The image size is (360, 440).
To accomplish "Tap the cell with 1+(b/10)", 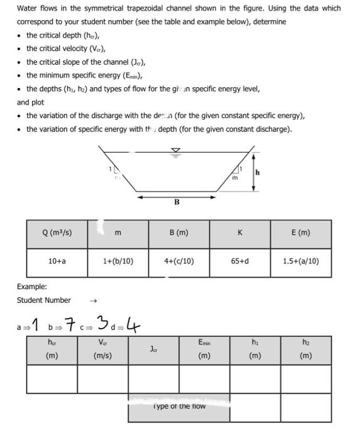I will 117,261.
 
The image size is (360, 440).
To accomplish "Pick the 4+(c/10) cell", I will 179,261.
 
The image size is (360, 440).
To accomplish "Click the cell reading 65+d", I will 239,261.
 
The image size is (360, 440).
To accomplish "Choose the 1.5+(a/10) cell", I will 300,261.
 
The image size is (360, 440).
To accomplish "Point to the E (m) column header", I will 300,233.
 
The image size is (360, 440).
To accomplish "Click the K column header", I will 239,233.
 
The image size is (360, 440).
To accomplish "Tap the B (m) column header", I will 179,233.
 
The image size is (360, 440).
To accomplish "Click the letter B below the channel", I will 177,202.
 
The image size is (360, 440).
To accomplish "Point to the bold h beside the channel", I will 257,172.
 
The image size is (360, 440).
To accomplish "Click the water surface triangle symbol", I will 176,151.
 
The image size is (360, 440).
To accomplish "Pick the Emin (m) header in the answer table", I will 204,349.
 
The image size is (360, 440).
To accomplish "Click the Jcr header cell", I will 153,349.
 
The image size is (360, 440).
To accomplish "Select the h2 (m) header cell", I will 305,349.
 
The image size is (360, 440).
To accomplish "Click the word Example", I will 32,287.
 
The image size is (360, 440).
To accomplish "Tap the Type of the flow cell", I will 178,406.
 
